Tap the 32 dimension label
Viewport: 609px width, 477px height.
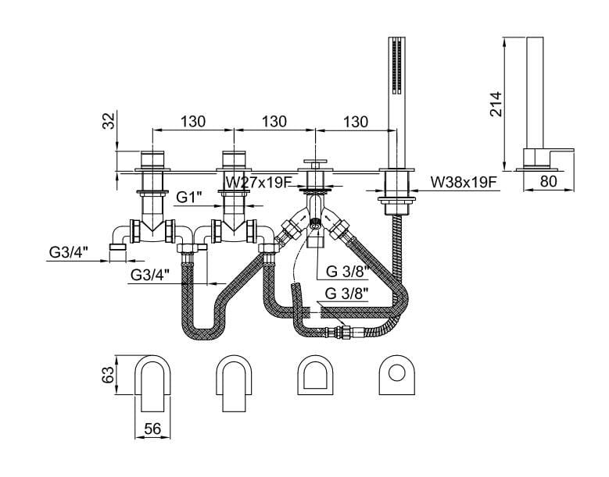[x=109, y=121]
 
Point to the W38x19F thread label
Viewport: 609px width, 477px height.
[x=464, y=182]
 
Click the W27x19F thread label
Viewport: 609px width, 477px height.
[x=259, y=182]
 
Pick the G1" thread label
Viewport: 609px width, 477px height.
[x=190, y=198]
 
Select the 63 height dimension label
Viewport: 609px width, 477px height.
[x=110, y=376]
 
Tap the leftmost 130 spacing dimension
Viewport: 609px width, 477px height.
[x=192, y=122]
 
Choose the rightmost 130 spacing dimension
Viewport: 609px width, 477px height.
[x=355, y=122]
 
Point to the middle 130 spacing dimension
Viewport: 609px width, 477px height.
[x=274, y=122]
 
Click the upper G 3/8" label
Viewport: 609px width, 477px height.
[x=344, y=271]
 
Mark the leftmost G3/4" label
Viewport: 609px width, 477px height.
[x=69, y=251]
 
